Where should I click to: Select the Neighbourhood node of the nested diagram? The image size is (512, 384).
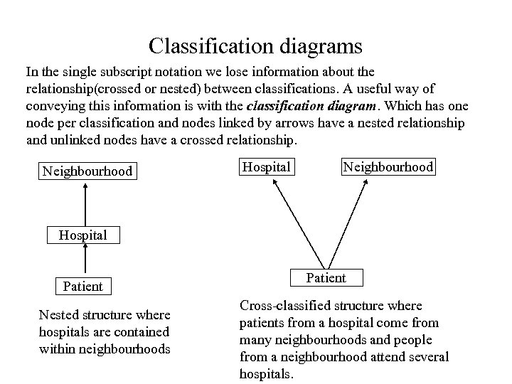coord(87,171)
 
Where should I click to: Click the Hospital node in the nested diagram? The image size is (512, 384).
coord(83,235)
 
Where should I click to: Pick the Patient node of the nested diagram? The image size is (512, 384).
coord(82,287)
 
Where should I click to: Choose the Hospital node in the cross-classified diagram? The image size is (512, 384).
coord(267,166)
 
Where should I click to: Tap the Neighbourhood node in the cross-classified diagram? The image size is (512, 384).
coord(388,166)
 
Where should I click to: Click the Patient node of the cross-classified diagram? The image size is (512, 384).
coord(326,277)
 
